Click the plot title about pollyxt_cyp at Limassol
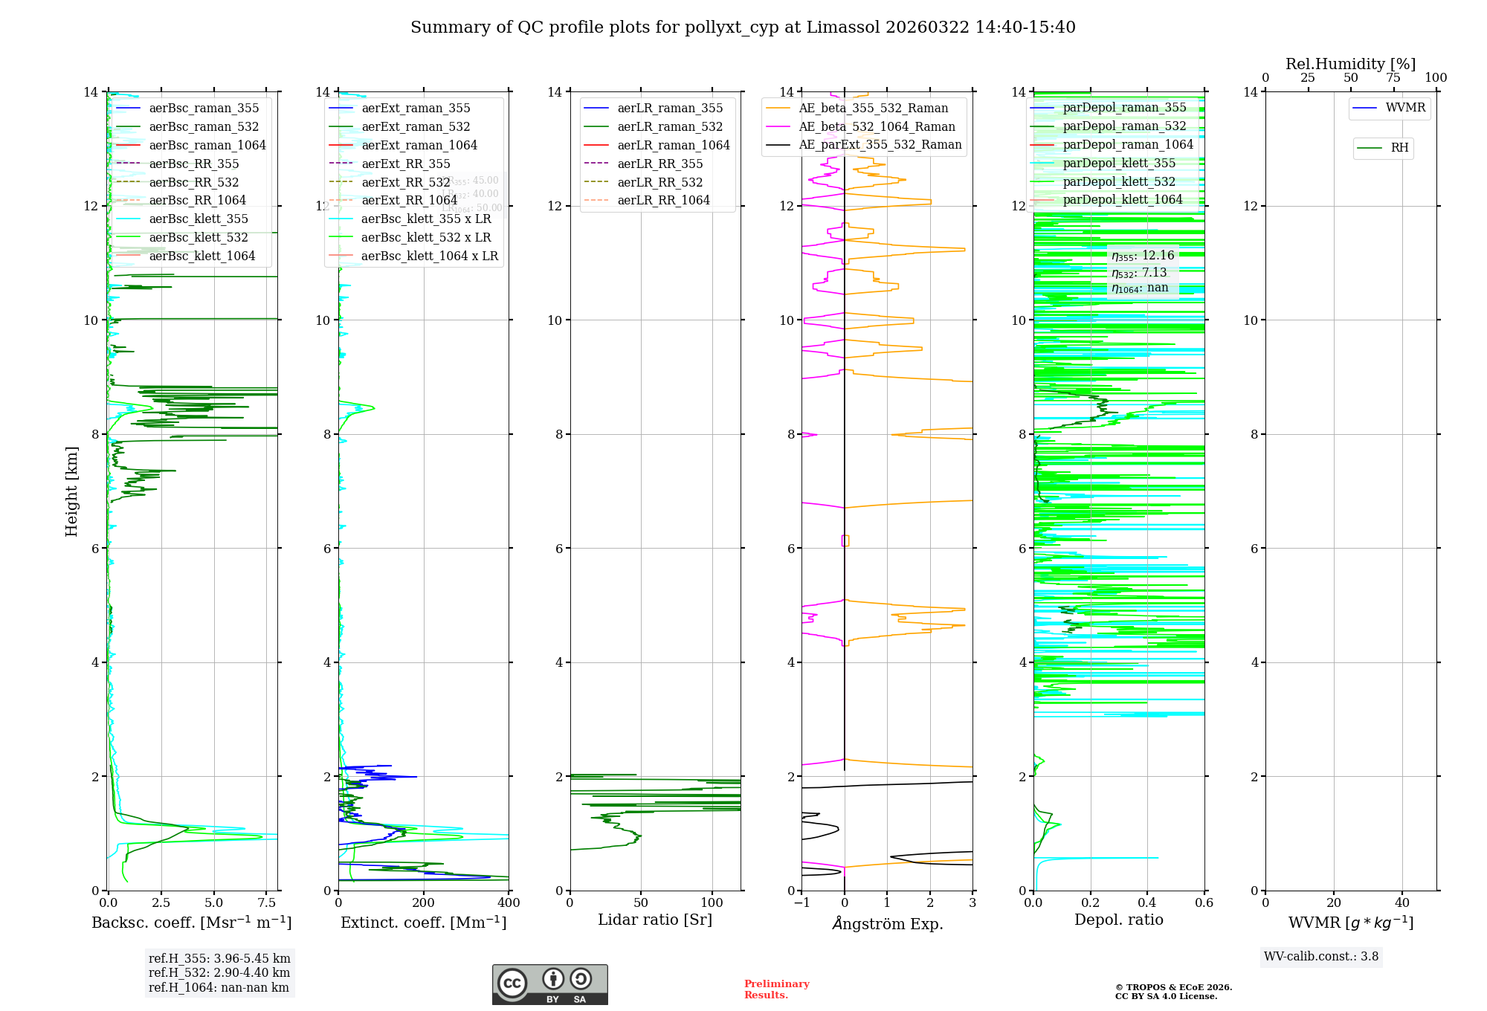[x=743, y=28]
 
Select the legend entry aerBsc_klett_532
[x=199, y=237]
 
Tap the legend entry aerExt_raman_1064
[x=419, y=145]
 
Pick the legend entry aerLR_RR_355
[x=659, y=164]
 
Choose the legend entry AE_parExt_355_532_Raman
[x=880, y=144]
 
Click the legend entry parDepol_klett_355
[x=1119, y=163]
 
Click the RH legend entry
[x=1399, y=148]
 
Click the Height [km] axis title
[x=71, y=491]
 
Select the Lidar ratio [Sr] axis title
[x=655, y=920]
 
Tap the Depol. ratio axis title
[x=1118, y=920]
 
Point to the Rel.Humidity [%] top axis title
[x=1350, y=64]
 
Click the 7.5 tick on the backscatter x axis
[x=266, y=903]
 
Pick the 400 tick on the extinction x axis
[x=509, y=903]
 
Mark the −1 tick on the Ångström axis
[x=801, y=903]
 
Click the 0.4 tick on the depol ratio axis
[x=1147, y=903]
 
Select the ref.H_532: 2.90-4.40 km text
[x=219, y=973]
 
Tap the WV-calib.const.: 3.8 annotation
[x=1321, y=957]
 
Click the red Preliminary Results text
[x=776, y=989]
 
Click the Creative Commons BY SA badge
[x=549, y=985]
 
